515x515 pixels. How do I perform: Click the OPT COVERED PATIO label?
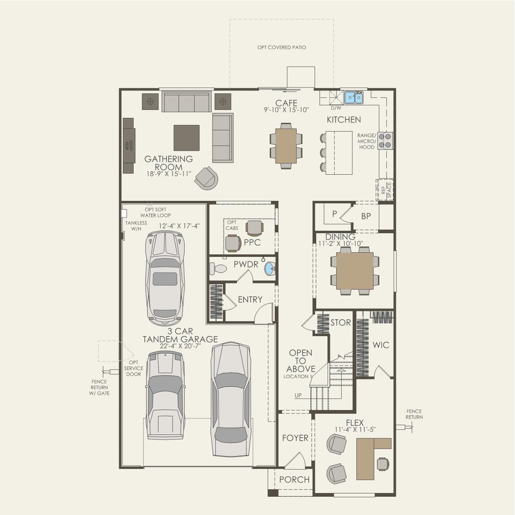(x=281, y=47)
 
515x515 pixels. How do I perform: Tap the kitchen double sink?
(x=354, y=98)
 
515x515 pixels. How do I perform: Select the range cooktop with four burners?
(x=386, y=141)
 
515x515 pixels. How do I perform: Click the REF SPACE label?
(x=386, y=190)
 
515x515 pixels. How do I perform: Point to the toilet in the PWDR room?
(x=218, y=269)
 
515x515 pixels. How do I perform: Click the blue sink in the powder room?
(x=270, y=269)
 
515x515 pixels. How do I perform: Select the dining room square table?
(x=354, y=271)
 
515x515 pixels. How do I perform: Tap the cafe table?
(x=286, y=146)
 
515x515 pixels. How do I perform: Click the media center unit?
(x=129, y=145)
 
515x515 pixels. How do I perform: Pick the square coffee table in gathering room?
(x=186, y=138)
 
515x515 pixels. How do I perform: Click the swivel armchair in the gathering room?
(x=206, y=178)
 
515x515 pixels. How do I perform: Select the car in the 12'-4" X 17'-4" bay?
(x=165, y=278)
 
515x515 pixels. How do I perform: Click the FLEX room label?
(x=355, y=423)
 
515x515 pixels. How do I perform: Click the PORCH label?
(x=294, y=480)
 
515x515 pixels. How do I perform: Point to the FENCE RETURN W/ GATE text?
(x=99, y=387)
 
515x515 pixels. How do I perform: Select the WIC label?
(x=381, y=345)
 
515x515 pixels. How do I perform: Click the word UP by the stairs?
(x=298, y=395)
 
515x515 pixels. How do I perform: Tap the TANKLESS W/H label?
(x=136, y=226)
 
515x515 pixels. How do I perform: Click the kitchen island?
(x=339, y=153)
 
